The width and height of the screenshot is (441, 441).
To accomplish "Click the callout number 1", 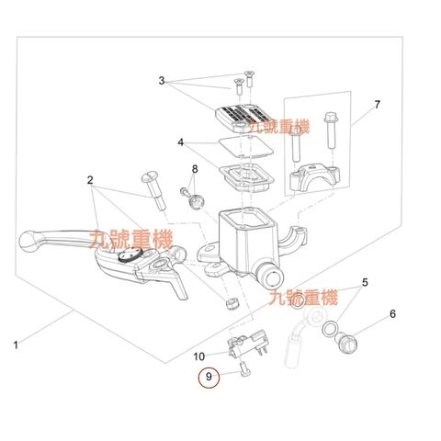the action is pos(16,345).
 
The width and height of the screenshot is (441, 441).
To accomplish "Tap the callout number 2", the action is pos(90,180).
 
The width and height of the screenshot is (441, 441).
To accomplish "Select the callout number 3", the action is pos(162,81).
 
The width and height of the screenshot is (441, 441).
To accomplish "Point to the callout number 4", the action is pos(181,142).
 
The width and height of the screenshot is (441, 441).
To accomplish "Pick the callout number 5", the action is pos(365,282).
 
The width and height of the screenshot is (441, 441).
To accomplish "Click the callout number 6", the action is pos(392,314).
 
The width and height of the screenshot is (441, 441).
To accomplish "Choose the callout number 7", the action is pos(377,105).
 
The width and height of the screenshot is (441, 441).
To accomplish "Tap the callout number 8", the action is pos(195,169).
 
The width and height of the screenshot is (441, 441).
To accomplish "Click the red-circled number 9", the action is pos(209,377).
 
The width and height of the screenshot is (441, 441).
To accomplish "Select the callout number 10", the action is pos(198,356).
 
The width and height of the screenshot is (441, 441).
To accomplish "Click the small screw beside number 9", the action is pos(244,368).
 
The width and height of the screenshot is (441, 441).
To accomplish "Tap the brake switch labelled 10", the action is pos(247,343).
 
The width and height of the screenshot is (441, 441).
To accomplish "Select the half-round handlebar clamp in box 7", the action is pos(314,177).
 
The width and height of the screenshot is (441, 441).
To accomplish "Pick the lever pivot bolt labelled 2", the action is pos(153,191).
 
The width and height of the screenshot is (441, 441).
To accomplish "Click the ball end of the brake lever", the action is pos(29,242).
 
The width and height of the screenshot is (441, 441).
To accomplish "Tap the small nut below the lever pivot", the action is pos(232,302).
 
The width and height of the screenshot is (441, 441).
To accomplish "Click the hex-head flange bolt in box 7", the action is pos(330,130).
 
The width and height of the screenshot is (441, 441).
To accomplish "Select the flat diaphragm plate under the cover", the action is pos(245,146).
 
